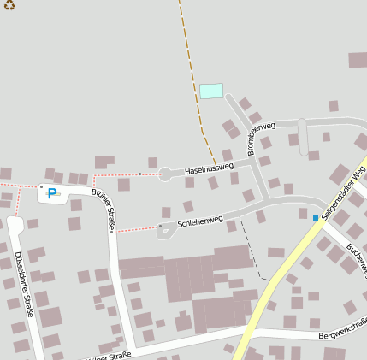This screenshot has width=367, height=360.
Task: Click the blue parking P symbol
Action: coord(52,193)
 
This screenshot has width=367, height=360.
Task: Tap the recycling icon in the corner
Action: coord(9,5)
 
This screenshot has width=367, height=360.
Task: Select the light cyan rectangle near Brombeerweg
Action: coord(211,91)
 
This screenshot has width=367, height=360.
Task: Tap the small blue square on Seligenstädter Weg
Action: coord(316,219)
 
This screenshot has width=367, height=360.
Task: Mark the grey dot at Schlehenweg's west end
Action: coord(160,227)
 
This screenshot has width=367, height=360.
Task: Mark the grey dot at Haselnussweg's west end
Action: coord(160,175)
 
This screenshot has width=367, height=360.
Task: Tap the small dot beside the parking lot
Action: coord(40,186)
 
